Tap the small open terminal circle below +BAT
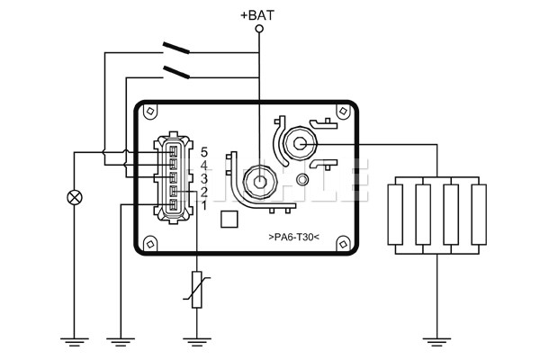[x=260, y=29]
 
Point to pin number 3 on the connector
[x=205, y=179]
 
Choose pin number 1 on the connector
[x=205, y=206]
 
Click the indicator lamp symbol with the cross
[x=74, y=198]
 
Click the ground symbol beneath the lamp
[x=74, y=339]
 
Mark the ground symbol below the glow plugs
[x=436, y=339]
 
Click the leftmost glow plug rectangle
[x=397, y=214]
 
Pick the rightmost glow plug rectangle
[x=478, y=214]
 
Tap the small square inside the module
[x=229, y=218]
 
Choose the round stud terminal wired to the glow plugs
[x=299, y=144]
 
